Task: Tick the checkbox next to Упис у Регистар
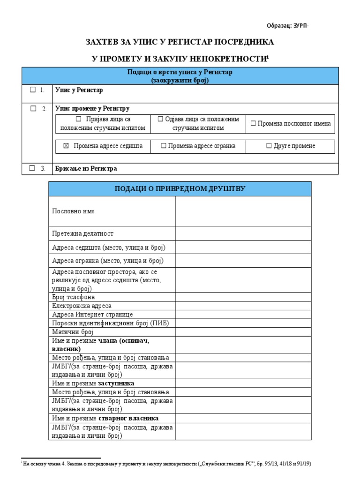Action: (x=33, y=90)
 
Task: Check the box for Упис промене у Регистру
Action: (x=33, y=108)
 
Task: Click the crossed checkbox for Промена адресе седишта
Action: (x=66, y=146)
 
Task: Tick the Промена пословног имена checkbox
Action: (x=253, y=124)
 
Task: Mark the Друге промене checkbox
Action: (x=269, y=146)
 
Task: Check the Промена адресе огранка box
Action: (x=164, y=146)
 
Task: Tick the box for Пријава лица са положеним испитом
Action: (x=78, y=119)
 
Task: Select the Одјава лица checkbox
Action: (x=160, y=119)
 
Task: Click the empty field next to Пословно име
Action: (x=243, y=211)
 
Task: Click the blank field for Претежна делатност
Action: (x=243, y=233)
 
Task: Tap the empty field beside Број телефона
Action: (x=243, y=297)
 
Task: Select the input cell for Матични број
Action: (x=243, y=331)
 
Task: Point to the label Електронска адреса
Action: (x=82, y=306)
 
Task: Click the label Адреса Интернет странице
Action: (x=92, y=314)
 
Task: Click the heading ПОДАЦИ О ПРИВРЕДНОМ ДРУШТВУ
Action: (x=180, y=188)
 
